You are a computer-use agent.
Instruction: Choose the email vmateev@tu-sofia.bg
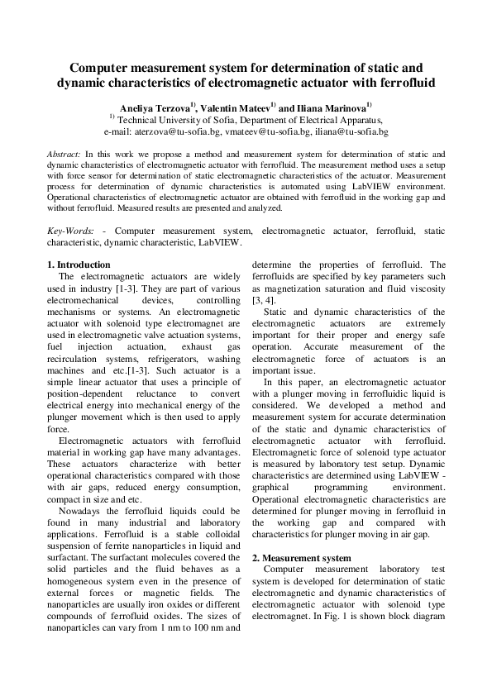click(256, 131)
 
